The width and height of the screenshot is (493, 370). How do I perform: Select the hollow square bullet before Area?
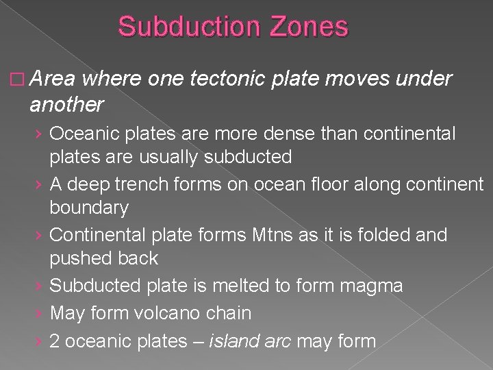click(x=16, y=79)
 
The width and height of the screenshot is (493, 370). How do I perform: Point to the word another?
click(x=66, y=105)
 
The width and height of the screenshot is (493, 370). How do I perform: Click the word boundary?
click(x=90, y=207)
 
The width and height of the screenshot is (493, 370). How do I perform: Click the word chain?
click(x=228, y=313)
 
